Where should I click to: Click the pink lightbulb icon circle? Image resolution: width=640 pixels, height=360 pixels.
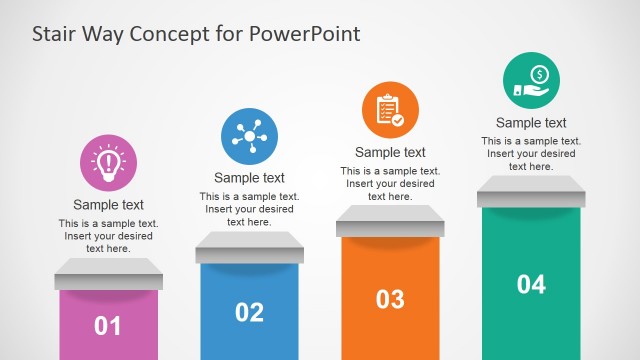tap(108, 163)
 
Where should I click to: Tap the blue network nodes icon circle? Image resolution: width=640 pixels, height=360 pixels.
tap(249, 137)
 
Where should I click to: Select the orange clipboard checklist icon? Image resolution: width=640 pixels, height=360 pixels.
tap(390, 111)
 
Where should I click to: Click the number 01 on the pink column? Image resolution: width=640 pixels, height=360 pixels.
tap(108, 325)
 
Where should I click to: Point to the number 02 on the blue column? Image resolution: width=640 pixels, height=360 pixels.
tap(249, 312)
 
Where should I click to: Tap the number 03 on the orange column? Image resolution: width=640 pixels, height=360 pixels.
tap(390, 298)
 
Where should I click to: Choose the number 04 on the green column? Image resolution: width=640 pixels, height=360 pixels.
tap(531, 284)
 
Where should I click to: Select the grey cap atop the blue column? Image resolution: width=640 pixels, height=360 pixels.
tap(249, 246)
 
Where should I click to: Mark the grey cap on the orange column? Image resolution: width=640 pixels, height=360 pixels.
tap(390, 220)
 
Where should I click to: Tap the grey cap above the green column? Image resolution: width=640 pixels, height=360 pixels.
tap(531, 190)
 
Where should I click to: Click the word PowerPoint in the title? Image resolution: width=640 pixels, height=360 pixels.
tap(304, 34)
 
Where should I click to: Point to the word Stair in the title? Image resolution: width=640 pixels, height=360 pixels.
tap(55, 34)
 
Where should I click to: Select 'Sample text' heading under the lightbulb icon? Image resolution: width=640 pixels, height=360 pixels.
tap(108, 205)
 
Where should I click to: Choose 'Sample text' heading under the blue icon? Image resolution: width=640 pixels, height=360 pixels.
tap(249, 179)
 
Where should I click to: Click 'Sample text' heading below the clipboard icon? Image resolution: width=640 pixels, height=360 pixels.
tap(390, 152)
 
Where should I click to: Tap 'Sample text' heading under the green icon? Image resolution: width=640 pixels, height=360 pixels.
tap(531, 123)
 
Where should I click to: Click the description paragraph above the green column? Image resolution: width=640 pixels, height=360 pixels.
tap(531, 154)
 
